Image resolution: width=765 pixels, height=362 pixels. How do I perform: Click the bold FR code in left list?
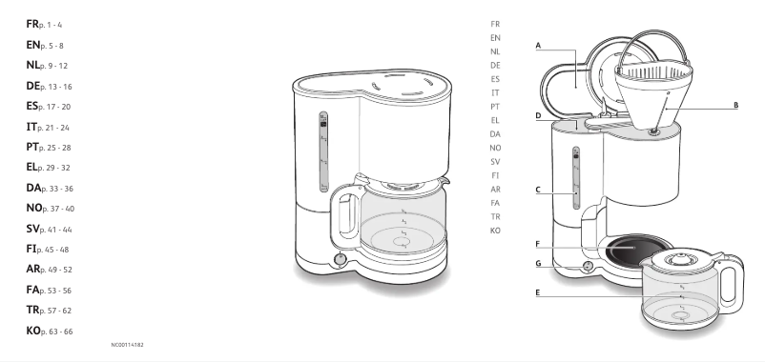(x=32, y=21)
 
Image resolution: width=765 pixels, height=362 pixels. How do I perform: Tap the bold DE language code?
(x=33, y=86)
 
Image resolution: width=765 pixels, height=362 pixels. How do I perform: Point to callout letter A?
(x=538, y=45)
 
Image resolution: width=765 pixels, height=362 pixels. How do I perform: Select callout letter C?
(x=538, y=190)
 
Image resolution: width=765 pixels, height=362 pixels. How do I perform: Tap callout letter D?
(x=538, y=117)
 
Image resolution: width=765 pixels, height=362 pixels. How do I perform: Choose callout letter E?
(x=538, y=292)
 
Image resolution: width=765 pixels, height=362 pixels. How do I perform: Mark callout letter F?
(x=538, y=244)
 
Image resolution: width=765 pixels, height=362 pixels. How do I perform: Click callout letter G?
(x=538, y=262)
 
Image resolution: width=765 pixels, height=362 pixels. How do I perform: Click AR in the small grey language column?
(x=495, y=189)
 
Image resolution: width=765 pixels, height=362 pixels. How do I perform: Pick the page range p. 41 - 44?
(x=55, y=230)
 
